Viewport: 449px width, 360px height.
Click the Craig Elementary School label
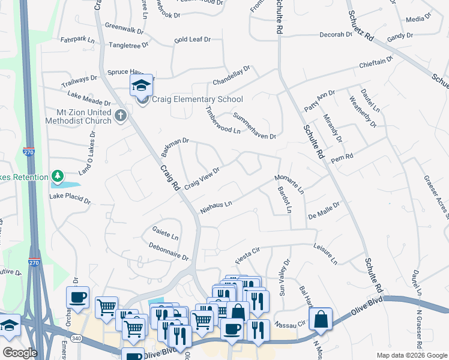[x=197, y=100]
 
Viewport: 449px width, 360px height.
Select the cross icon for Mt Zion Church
[x=120, y=115]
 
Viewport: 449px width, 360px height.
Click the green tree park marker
[x=57, y=176]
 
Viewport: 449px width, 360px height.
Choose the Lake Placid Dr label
[x=69, y=197]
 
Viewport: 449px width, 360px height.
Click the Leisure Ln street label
[x=324, y=252]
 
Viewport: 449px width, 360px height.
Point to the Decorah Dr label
[x=336, y=35]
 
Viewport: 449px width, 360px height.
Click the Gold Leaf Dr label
[x=192, y=40]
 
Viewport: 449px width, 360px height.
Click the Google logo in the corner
[x=19, y=353]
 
